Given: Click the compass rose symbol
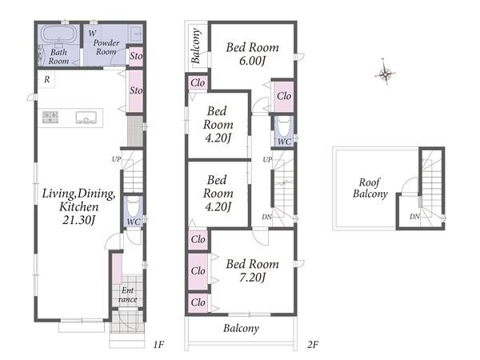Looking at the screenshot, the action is (385, 74).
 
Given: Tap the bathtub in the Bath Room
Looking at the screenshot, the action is (58, 34).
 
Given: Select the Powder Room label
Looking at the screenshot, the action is (106, 47).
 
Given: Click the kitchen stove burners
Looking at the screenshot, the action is (50, 118).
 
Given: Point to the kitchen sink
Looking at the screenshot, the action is (86, 118).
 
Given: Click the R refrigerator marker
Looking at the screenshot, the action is (47, 79).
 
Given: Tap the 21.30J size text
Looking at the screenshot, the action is (79, 220).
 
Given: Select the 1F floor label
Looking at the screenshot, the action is (158, 345).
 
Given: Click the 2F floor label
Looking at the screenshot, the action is (313, 345).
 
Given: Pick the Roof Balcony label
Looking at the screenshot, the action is (370, 188).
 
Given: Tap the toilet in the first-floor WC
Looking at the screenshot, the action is (133, 208).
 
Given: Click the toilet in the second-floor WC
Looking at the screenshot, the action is (284, 126).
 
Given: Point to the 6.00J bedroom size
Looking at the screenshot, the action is (252, 62).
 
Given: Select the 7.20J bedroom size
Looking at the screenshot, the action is (252, 278).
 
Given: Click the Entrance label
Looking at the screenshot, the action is (128, 294).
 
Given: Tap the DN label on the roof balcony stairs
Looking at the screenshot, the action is (414, 217).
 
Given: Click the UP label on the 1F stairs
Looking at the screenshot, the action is (116, 159).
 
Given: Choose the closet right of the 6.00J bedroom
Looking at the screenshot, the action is (284, 96).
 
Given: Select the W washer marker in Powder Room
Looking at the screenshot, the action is (92, 33).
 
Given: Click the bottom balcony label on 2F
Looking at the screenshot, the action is (241, 328).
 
